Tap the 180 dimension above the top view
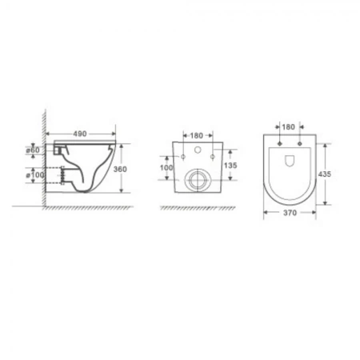tap(289, 126)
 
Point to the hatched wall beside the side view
tap(37, 160)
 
